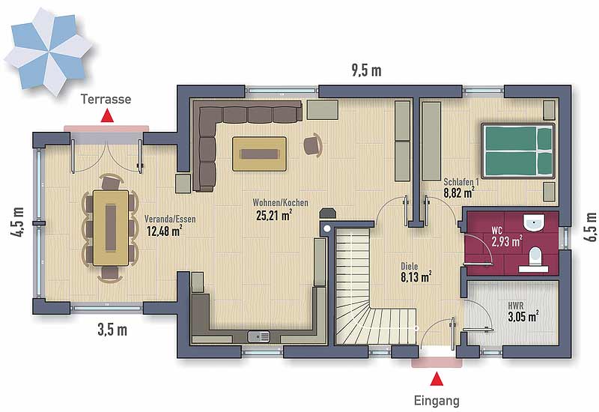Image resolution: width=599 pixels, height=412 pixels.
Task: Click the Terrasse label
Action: [x=106, y=100]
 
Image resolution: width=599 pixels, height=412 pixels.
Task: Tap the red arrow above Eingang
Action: [x=437, y=379]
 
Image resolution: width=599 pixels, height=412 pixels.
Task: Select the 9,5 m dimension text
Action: [x=366, y=70]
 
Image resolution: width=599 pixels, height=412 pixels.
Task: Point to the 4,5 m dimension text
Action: [x=17, y=222]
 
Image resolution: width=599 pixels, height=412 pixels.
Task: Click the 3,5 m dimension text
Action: [x=112, y=330]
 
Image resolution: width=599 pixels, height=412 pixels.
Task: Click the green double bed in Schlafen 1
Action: [x=518, y=151]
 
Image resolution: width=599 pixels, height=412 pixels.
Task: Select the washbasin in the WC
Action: [x=533, y=222]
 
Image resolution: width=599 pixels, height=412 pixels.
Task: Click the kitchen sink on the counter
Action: [x=258, y=336]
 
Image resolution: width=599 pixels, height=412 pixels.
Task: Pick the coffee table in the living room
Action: [x=259, y=154]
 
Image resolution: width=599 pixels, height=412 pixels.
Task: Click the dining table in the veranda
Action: [x=111, y=228]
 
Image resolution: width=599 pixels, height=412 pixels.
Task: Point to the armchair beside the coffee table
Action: [x=313, y=145]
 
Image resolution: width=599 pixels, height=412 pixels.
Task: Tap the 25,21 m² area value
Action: [x=274, y=216]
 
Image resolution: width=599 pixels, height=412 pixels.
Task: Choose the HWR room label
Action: [x=516, y=306]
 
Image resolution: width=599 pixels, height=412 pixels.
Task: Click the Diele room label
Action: [x=409, y=267]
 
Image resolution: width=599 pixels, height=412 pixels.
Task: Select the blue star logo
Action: [x=49, y=52]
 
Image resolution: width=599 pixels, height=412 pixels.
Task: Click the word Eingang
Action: [x=437, y=401]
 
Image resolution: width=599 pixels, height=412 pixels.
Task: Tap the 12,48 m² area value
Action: [x=164, y=231]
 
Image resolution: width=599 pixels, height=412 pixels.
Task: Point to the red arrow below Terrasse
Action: [x=107, y=116]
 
